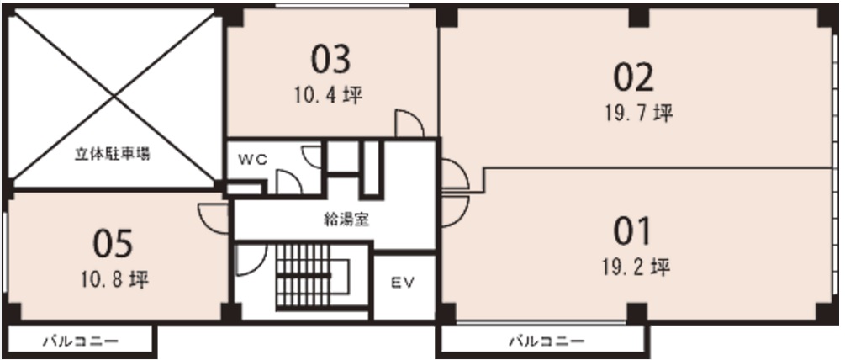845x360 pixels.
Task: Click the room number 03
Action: [x=330, y=59]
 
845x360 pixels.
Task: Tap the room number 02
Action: [x=634, y=77]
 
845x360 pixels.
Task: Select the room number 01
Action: [x=632, y=232]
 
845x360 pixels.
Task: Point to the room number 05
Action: [x=113, y=244]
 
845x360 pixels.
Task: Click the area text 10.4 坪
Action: [x=328, y=96]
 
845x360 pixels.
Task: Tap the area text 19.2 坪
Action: [x=636, y=267]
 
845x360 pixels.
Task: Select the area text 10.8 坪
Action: [x=115, y=280]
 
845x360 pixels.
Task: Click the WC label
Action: [x=252, y=161]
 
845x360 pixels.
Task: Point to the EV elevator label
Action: [x=403, y=283]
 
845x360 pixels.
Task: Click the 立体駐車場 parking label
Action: [x=112, y=156]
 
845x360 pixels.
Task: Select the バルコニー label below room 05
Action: [x=81, y=341]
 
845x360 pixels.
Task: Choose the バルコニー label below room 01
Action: [x=547, y=341]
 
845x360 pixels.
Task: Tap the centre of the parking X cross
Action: [x=114, y=98]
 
